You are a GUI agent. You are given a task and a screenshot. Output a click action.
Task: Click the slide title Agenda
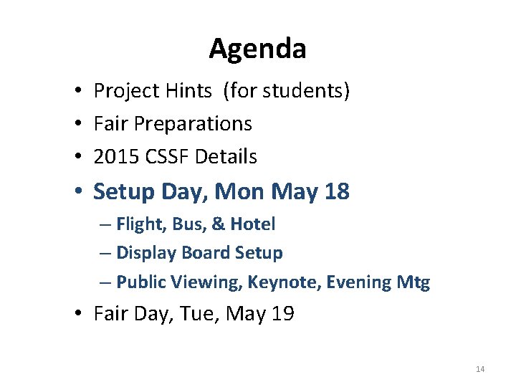click(257, 49)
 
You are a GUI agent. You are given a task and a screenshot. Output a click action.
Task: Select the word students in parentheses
click(307, 91)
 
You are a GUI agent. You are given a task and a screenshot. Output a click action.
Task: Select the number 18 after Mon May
click(336, 191)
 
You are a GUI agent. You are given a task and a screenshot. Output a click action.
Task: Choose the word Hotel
click(252, 224)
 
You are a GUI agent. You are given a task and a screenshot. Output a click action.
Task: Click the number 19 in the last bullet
click(282, 314)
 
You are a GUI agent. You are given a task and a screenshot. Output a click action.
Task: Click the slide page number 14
click(479, 369)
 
